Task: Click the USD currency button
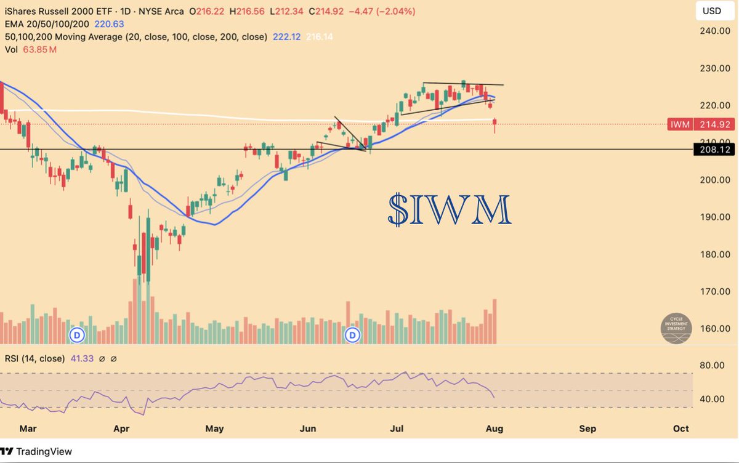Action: coord(712,11)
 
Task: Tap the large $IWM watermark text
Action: coord(450,211)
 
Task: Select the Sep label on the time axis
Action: coord(588,429)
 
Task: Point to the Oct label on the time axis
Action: coord(681,429)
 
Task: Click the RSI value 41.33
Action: coord(81,358)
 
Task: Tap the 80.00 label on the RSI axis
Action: coord(713,366)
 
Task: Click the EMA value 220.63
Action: coord(108,25)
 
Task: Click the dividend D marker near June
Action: coord(352,335)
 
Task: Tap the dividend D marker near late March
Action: coord(77,335)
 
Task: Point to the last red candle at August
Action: coord(495,126)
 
